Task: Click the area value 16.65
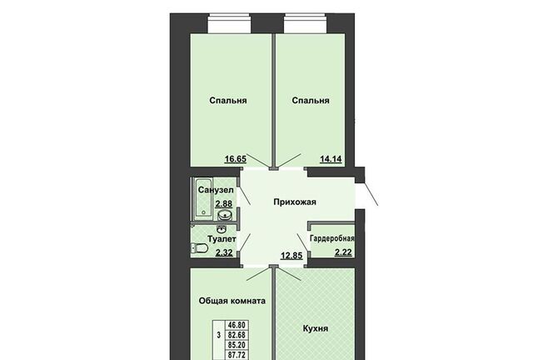click(235, 158)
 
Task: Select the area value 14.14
click(331, 158)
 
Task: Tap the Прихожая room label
click(295, 202)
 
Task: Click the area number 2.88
click(224, 204)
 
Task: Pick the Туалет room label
click(222, 239)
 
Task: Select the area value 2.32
click(224, 252)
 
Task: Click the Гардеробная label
click(331, 238)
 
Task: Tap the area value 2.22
click(343, 252)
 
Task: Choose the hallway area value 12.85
click(291, 255)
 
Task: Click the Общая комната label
click(232, 301)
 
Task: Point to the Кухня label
click(316, 328)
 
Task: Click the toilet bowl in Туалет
click(200, 248)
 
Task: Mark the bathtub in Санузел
click(203, 198)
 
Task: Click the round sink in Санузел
click(225, 215)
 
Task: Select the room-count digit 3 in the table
click(218, 335)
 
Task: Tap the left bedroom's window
click(230, 23)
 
